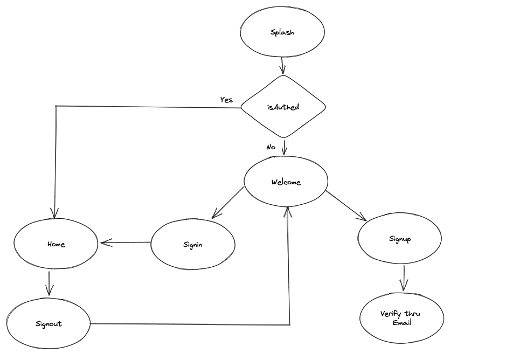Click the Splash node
(282, 32)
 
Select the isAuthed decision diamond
(283, 107)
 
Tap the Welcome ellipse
(286, 182)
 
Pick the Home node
(56, 244)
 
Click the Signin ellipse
(192, 244)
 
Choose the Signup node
(400, 239)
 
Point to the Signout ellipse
(48, 324)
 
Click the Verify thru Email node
(401, 318)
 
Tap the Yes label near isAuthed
(226, 100)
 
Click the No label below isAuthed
(271, 147)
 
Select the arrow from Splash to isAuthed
(282, 66)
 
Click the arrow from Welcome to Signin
(227, 203)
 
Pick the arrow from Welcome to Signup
(346, 205)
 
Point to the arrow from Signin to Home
(126, 243)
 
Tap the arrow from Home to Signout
(49, 283)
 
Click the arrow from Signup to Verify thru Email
(404, 278)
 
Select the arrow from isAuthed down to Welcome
(285, 147)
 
